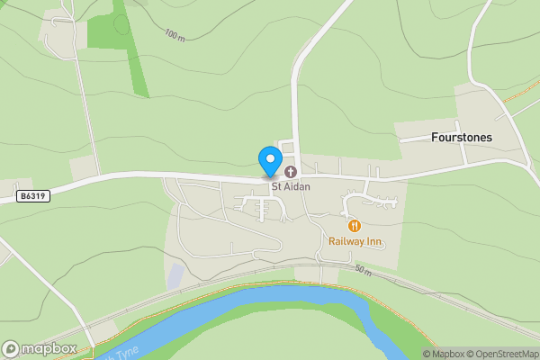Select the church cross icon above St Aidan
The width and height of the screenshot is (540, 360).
coord(291,171)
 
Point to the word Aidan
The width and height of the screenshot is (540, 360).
coord(297,186)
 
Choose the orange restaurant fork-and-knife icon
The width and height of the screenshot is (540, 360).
coord(355,226)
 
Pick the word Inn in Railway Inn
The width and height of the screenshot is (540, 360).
coord(373,241)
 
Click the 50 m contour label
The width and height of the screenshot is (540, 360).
coord(363,269)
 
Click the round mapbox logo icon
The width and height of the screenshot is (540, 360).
coord(12,348)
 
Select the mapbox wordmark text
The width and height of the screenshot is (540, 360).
coord(49,348)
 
